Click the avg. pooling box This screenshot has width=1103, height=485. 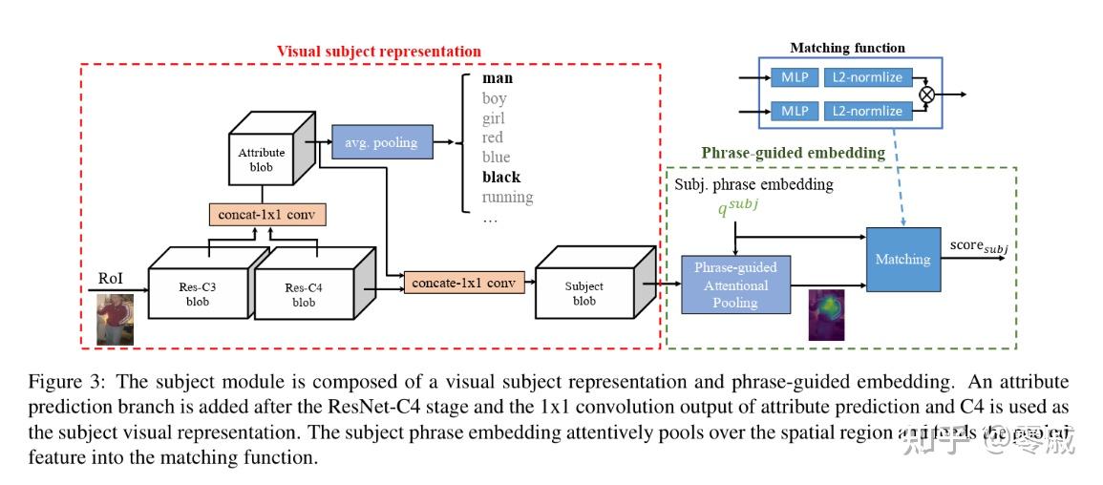point(380,142)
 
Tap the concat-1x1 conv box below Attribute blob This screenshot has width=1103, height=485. point(267,215)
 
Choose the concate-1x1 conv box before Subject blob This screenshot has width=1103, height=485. point(464,282)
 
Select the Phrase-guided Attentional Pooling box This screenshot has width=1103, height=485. point(735,285)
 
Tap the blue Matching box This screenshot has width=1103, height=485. point(901,259)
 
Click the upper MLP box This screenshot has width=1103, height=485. point(795,77)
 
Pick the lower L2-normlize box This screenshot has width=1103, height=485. point(866,111)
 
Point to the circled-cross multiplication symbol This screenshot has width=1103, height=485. point(925,95)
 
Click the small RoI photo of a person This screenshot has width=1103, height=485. point(116,319)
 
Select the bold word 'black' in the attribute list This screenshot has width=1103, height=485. point(500,177)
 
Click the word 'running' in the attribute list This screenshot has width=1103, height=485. point(507,197)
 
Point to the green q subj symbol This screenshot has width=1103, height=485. point(742,206)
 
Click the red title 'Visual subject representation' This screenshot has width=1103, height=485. point(378,51)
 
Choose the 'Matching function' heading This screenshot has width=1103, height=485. point(847,48)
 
